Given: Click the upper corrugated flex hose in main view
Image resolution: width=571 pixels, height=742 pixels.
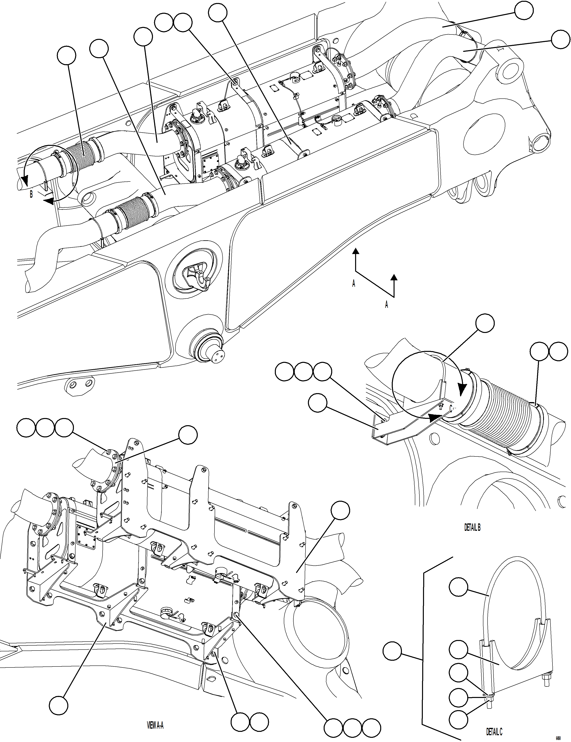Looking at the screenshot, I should [x=81, y=153].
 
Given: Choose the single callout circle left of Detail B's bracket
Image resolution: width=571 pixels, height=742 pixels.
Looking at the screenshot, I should [x=318, y=403].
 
